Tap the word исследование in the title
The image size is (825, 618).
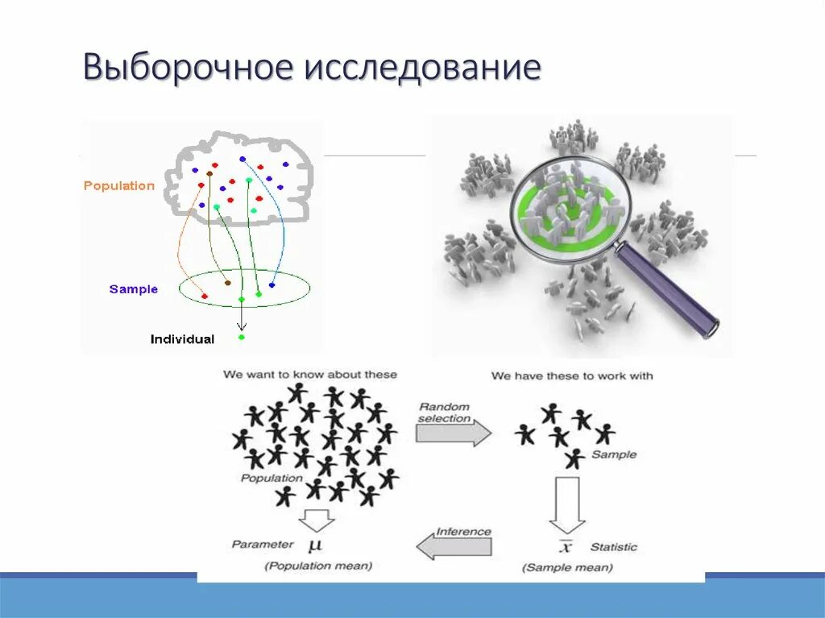click(421, 68)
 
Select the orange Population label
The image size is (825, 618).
click(118, 185)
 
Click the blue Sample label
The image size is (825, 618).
click(134, 289)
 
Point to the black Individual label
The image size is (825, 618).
click(182, 339)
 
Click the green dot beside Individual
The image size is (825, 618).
click(241, 337)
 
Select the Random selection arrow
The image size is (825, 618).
click(453, 432)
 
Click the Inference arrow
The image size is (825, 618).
click(454, 547)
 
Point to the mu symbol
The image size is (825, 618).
click(315, 545)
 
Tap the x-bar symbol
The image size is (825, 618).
click(566, 547)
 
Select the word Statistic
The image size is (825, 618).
click(613, 547)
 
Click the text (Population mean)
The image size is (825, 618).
click(318, 566)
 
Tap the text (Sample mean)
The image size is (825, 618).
click(567, 567)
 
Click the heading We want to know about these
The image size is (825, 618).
click(310, 375)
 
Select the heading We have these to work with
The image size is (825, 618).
click(572, 375)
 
